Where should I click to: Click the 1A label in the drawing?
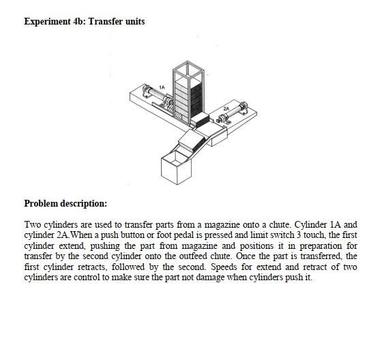162,86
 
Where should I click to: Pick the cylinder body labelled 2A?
235,112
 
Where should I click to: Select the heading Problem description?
65,203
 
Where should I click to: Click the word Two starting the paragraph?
33,224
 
